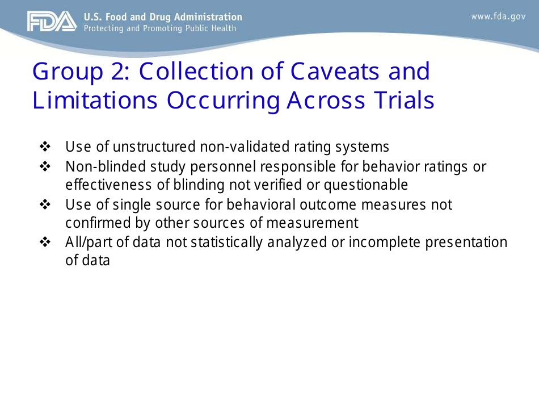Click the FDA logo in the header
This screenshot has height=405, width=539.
[x=51, y=22]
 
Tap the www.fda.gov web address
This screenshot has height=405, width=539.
[x=498, y=16]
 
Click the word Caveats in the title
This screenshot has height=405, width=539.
[x=336, y=72]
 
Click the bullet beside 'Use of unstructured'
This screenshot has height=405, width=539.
[x=45, y=147]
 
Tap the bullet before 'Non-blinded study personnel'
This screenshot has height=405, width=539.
[x=45, y=167]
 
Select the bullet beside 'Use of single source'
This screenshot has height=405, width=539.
[x=45, y=204]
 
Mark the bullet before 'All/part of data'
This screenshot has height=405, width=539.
[x=45, y=243]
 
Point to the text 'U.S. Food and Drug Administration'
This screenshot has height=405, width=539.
[x=163, y=17]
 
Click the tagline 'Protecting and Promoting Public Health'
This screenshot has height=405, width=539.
[x=160, y=28]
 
